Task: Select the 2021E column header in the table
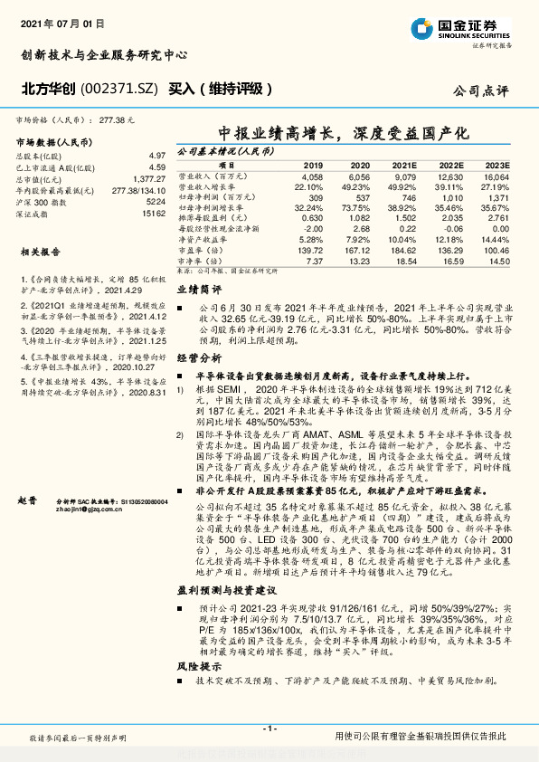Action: click(x=405, y=166)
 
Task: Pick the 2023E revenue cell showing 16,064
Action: click(x=496, y=177)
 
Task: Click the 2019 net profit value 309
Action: click(x=316, y=196)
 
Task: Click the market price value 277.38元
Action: click(x=118, y=119)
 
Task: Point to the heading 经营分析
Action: click(x=199, y=358)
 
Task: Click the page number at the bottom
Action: click(x=269, y=729)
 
